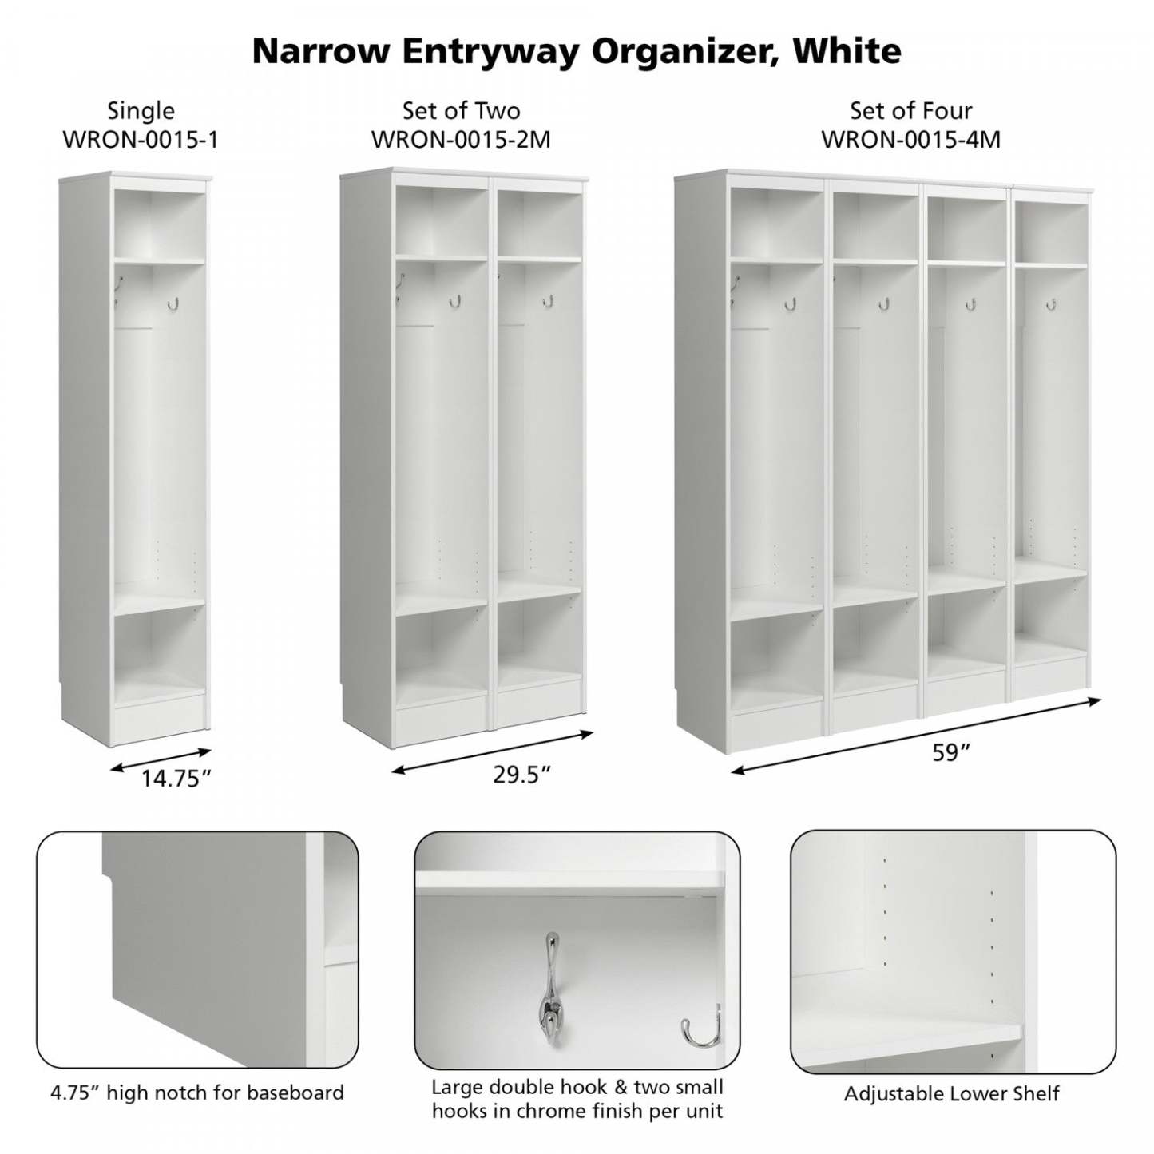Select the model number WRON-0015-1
tap(141, 140)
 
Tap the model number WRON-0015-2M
tap(461, 140)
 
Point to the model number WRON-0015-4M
tap(910, 140)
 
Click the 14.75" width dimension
tap(176, 779)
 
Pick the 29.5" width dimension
tap(522, 775)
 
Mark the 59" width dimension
tap(950, 753)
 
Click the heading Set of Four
tap(910, 110)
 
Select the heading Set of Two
tap(461, 110)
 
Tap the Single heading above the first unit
tap(141, 110)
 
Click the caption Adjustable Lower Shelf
tap(952, 1093)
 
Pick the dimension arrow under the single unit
tap(161, 759)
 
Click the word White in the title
tap(847, 51)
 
